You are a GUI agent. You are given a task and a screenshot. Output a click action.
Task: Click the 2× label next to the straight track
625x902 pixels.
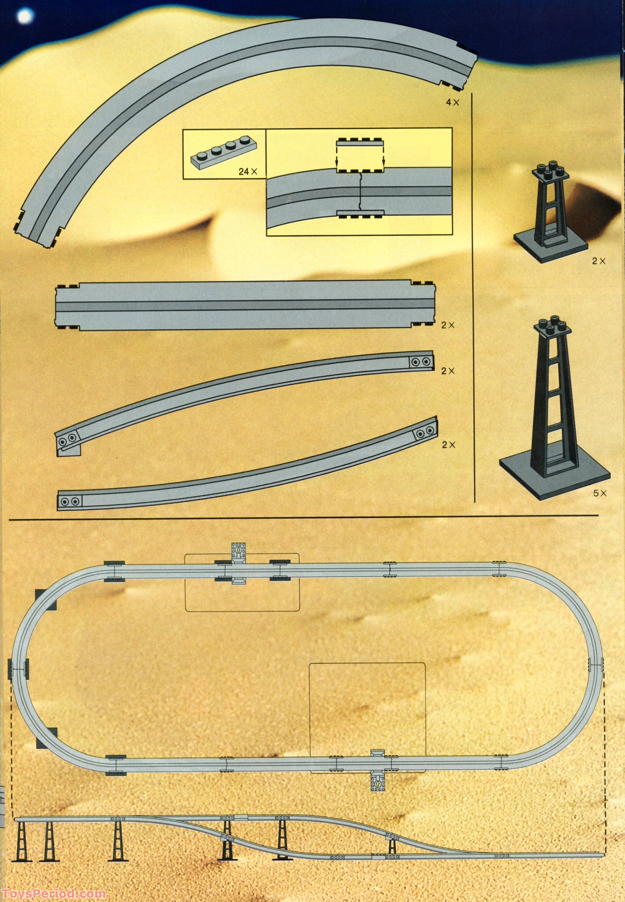[448, 325]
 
